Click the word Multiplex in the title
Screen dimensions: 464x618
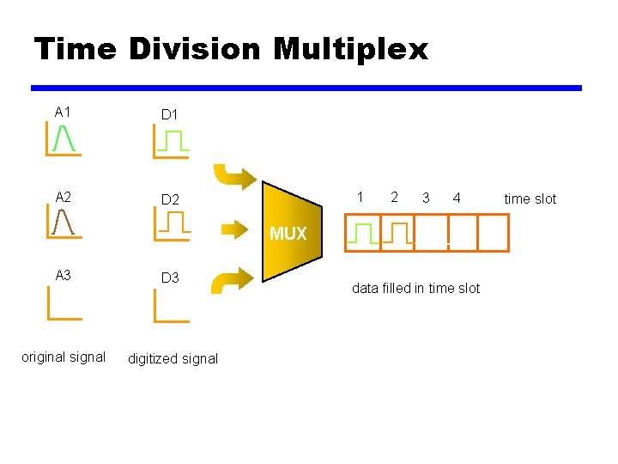pos(350,50)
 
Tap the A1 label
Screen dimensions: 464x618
pos(63,112)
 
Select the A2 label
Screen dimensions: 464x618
pos(63,198)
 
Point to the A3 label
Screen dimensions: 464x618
pos(63,276)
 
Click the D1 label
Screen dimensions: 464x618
pos(170,113)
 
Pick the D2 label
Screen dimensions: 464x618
pos(170,199)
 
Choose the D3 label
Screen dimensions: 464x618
pos(170,278)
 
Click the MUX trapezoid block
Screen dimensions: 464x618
pos(290,232)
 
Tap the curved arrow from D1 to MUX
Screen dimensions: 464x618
pos(233,175)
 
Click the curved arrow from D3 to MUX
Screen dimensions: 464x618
pos(233,281)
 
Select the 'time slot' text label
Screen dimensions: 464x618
pos(530,198)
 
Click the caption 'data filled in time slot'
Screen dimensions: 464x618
pos(415,288)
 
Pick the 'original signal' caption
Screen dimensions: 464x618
pos(64,357)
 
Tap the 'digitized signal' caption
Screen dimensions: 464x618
pos(173,358)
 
